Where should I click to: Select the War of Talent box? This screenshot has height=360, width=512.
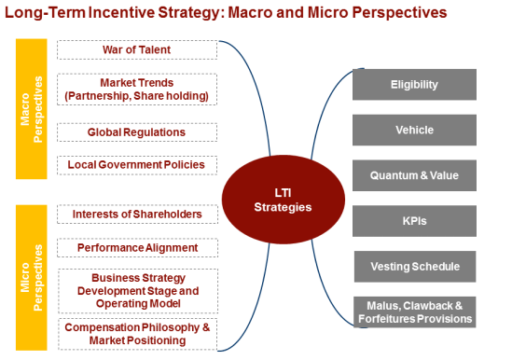tap(136, 49)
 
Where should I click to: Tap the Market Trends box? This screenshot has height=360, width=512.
tap(136, 90)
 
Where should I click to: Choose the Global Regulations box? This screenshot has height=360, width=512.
tap(136, 132)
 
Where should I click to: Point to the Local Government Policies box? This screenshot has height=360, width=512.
tap(136, 165)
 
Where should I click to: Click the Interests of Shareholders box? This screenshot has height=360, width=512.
tap(136, 215)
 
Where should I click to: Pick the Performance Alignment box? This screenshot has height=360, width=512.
tap(136, 248)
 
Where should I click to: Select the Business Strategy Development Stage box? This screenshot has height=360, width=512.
tap(136, 290)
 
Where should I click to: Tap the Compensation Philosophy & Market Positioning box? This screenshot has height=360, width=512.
tap(136, 333)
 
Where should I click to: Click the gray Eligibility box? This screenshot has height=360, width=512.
tap(414, 85)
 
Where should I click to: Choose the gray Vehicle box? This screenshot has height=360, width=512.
tap(414, 131)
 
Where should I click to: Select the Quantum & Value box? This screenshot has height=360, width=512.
tap(414, 175)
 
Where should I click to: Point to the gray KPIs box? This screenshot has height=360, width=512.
tap(414, 221)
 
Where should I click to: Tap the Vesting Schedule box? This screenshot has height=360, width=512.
tap(414, 266)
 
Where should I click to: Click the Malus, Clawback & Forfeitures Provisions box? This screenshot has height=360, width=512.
tap(414, 312)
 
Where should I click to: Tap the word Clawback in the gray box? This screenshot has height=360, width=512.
tap(428, 305)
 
